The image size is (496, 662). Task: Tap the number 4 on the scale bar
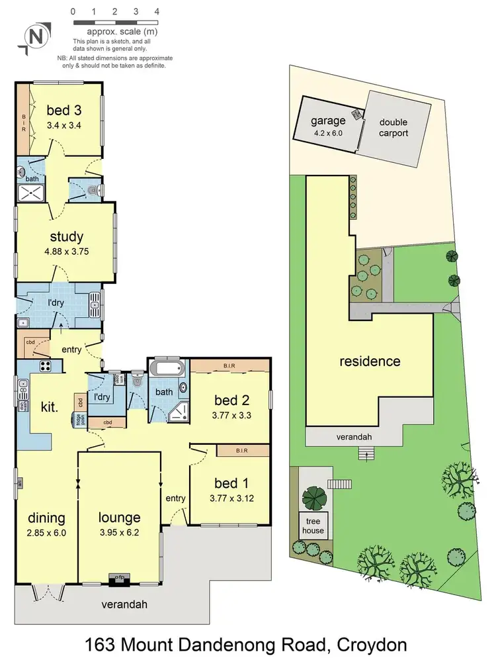157,11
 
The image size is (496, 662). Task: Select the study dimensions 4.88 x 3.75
66,251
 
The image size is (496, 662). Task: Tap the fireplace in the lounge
120,578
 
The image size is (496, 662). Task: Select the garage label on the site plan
329,120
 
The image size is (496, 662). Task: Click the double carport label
393,128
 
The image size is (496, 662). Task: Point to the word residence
370,361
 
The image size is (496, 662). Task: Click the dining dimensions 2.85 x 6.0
46,532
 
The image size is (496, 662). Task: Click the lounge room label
120,518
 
